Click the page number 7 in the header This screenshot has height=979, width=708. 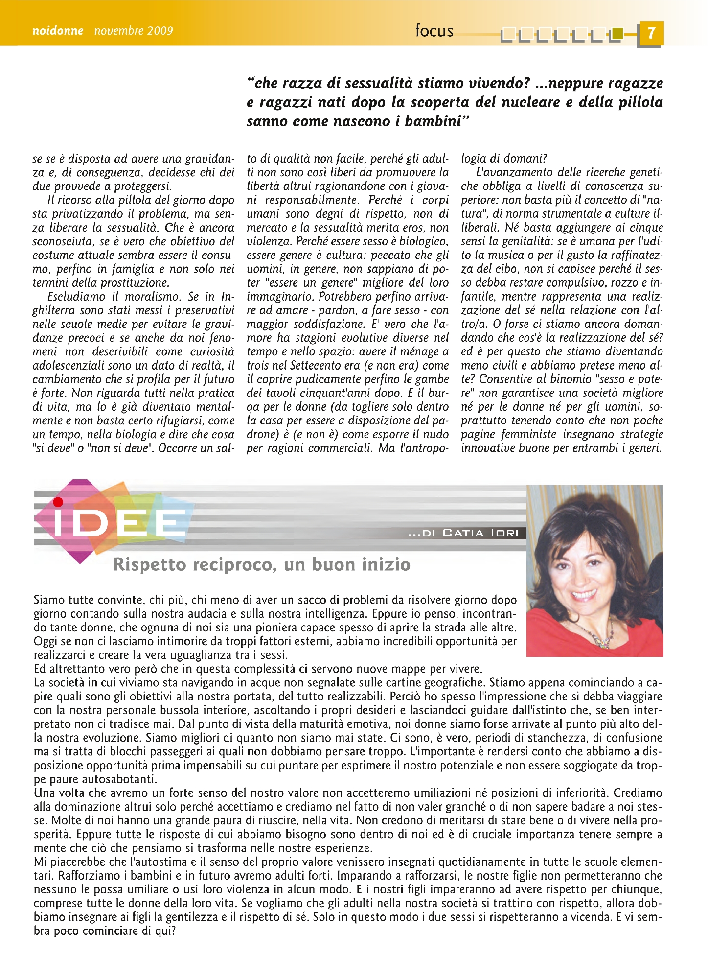tap(650, 33)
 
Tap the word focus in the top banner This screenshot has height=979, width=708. tap(434, 31)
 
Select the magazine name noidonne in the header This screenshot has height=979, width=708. tap(58, 31)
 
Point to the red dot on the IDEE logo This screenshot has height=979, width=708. tap(58, 502)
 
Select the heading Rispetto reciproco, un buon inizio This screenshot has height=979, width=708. tap(261, 564)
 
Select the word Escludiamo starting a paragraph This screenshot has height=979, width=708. tap(76, 297)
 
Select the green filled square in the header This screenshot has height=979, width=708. tap(618, 33)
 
